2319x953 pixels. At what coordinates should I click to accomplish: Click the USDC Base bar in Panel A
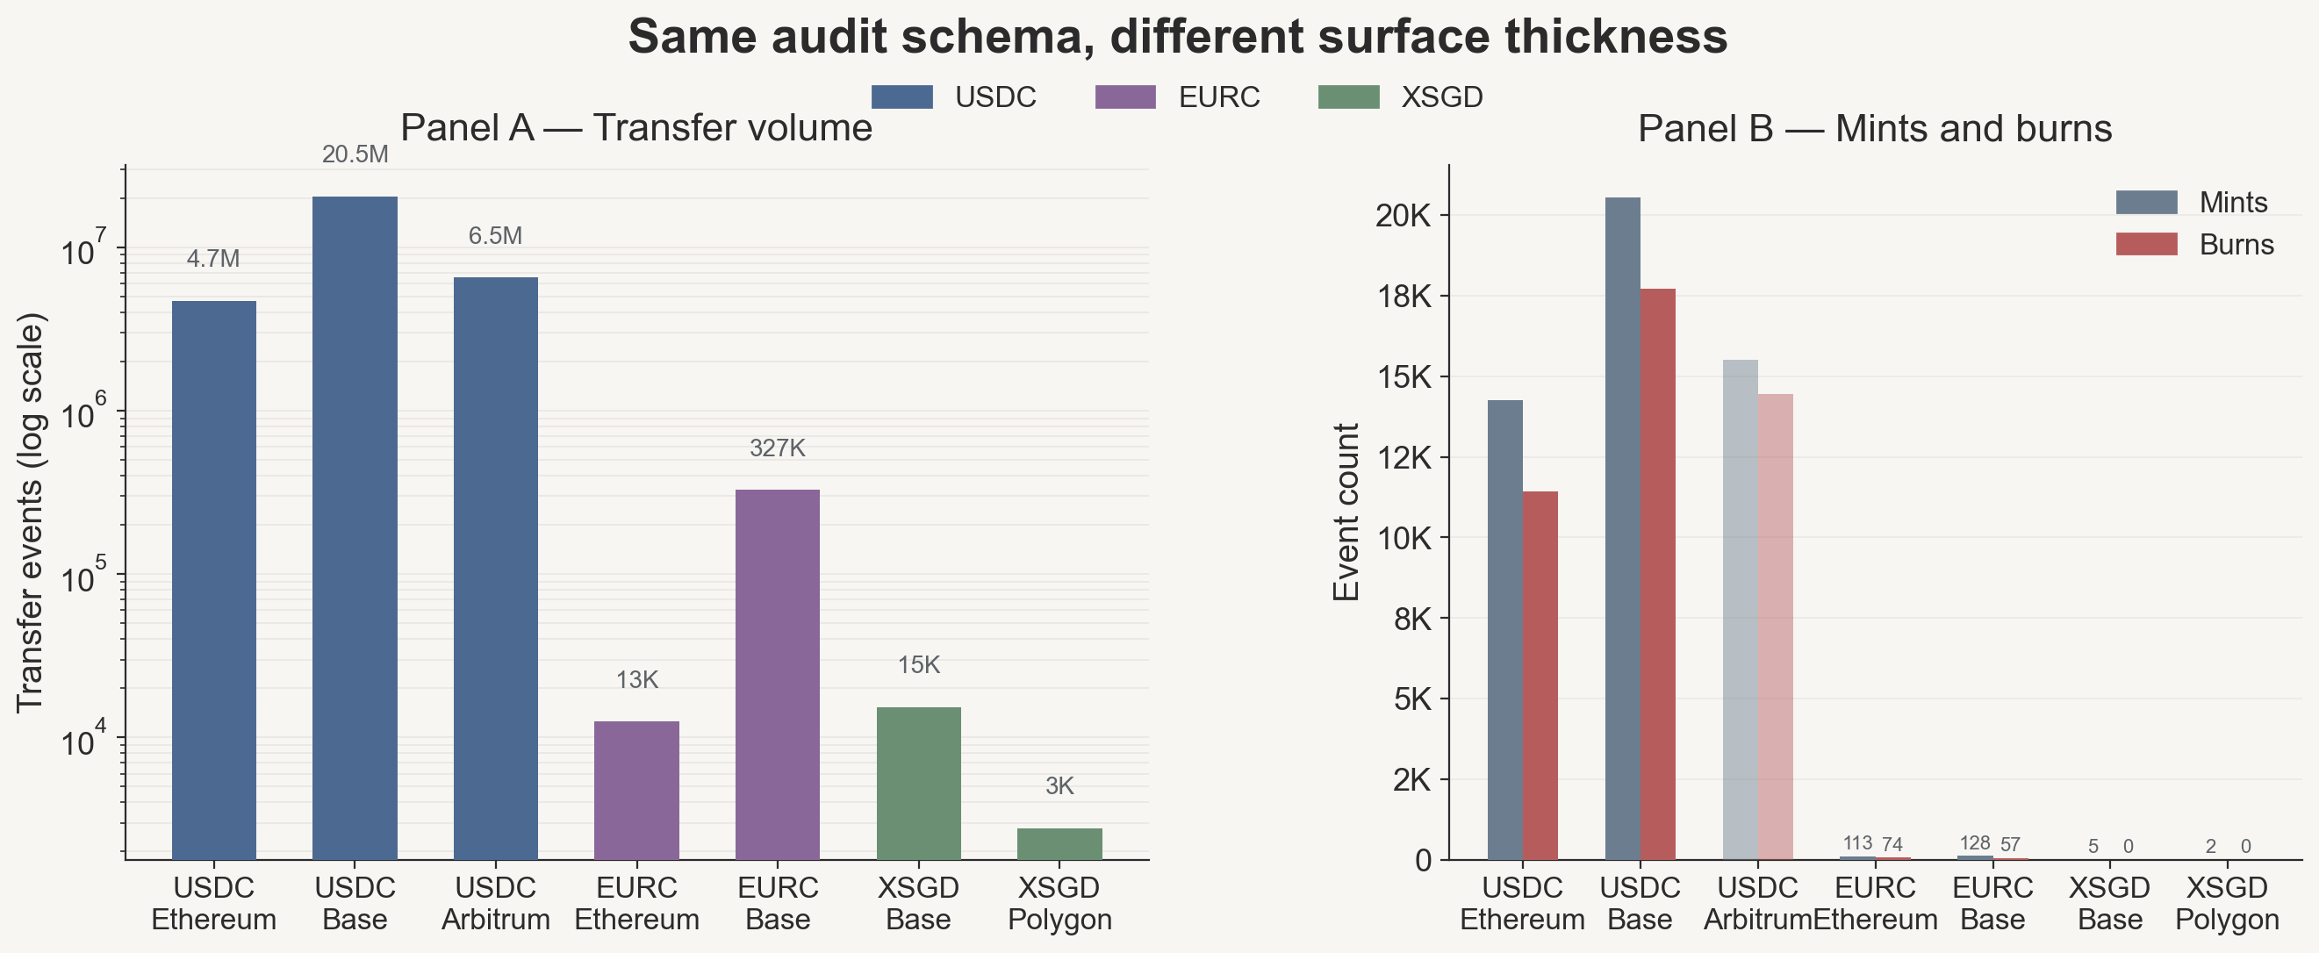tap(355, 527)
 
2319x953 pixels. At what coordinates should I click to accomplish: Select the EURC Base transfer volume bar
tap(778, 674)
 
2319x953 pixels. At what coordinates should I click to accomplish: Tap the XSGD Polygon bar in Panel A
tap(1059, 843)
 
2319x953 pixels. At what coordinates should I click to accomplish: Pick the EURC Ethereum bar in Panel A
tap(636, 790)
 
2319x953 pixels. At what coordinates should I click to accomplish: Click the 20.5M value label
tap(355, 154)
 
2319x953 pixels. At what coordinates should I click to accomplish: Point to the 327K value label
tap(778, 448)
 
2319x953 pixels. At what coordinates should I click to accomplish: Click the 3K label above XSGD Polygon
tap(1059, 786)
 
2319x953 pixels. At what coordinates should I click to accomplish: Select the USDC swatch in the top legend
tap(902, 97)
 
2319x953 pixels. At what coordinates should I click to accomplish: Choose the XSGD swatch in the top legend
tap(1348, 97)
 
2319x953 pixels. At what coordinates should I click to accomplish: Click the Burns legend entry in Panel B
tap(2193, 245)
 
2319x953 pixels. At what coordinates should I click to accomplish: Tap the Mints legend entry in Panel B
tap(2191, 203)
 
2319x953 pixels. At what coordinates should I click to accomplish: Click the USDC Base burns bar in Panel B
tap(1657, 574)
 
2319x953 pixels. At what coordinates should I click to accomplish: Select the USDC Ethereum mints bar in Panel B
tap(1505, 630)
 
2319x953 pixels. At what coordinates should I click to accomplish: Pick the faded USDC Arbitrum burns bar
tap(1776, 627)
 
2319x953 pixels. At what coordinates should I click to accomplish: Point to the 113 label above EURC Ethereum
tap(1857, 843)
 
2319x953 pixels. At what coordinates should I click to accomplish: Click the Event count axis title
tap(1346, 512)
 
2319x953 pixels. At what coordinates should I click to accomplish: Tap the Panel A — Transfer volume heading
tap(636, 129)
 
